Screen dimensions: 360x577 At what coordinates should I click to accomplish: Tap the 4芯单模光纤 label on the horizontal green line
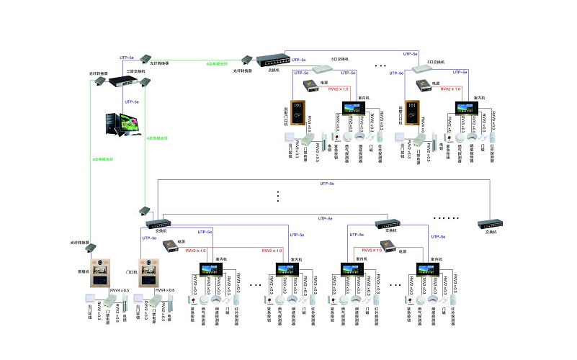(218, 64)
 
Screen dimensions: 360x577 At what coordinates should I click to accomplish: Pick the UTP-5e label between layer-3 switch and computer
(132, 102)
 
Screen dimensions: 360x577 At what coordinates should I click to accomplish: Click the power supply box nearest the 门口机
(171, 245)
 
